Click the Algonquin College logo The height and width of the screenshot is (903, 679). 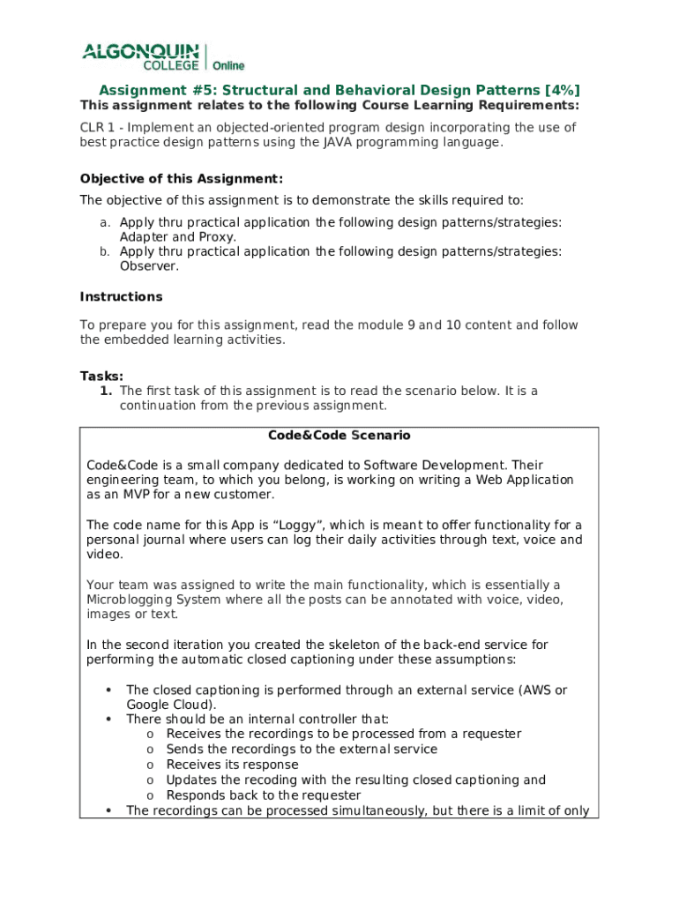[x=141, y=56]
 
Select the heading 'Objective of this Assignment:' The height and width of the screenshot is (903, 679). [x=182, y=178]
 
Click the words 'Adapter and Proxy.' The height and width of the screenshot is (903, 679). [x=177, y=237]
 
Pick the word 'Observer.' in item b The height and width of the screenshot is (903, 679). [x=149, y=266]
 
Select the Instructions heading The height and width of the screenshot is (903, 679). [x=121, y=296]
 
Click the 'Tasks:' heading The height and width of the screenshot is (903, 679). [x=101, y=376]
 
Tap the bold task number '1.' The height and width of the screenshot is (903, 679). [x=106, y=391]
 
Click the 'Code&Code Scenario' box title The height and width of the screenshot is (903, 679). [x=339, y=436]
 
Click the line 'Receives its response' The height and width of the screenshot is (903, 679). [x=232, y=765]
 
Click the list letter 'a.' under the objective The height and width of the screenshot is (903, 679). [x=104, y=222]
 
